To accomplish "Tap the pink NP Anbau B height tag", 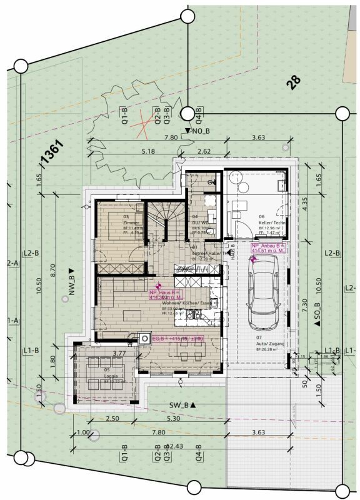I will pos(268,249).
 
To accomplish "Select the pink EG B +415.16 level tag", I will pos(178,339).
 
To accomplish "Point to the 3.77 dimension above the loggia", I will pos(119,353).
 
